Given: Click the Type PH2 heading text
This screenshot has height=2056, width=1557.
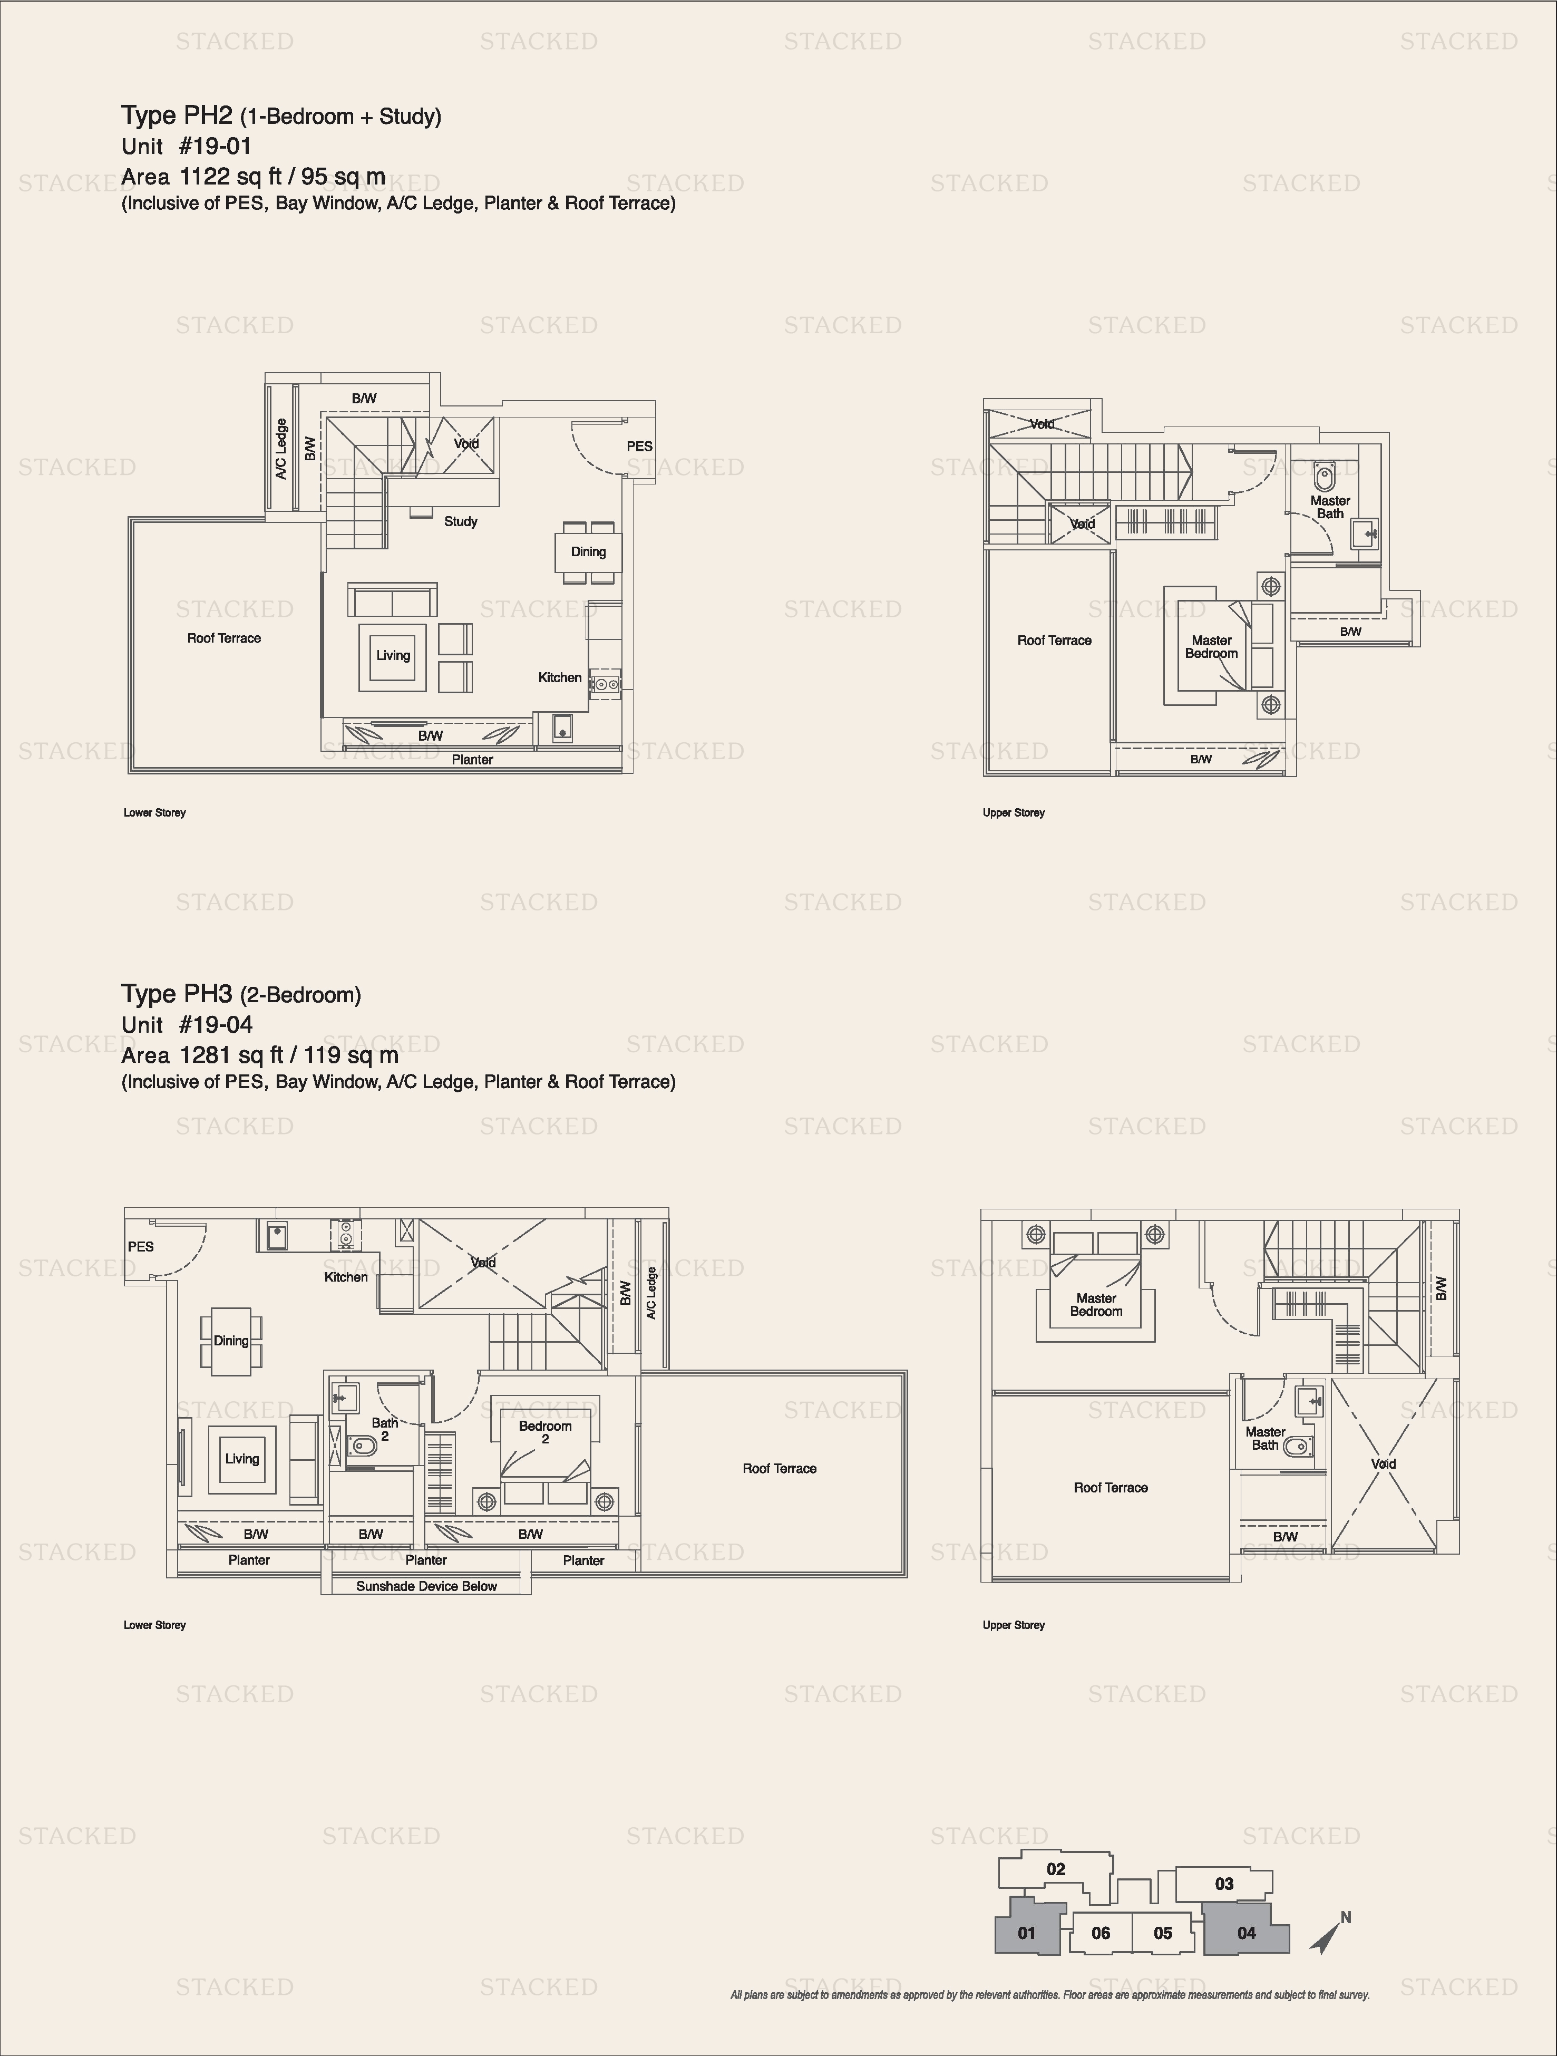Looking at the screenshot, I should pyautogui.click(x=177, y=116).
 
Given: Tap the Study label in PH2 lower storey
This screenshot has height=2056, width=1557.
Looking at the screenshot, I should pyautogui.click(x=460, y=521).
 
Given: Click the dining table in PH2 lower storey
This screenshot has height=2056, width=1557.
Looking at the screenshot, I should pyautogui.click(x=588, y=552).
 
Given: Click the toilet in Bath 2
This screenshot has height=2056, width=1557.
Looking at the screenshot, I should pyautogui.click(x=364, y=1446).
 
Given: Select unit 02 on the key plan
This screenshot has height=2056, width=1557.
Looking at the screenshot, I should pyautogui.click(x=1056, y=1869).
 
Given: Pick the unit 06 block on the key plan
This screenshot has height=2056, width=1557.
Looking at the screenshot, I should pyautogui.click(x=1101, y=1933).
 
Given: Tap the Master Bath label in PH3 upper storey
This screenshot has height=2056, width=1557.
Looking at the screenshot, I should pyautogui.click(x=1265, y=1438).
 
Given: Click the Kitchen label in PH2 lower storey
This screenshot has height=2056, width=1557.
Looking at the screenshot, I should pyautogui.click(x=560, y=677).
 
